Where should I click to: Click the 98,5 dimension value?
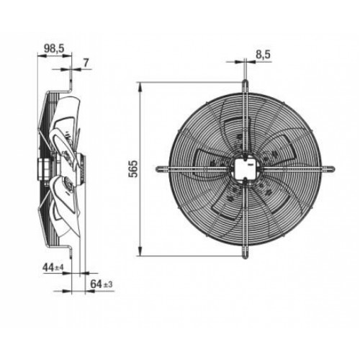point(54,48)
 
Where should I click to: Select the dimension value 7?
point(86,63)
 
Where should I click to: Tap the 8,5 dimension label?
point(263,55)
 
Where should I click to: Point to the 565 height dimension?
point(134,168)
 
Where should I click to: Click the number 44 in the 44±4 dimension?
point(48,268)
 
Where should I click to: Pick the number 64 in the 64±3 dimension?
point(96,284)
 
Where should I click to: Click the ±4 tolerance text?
point(59,269)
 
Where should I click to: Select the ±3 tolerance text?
point(108,285)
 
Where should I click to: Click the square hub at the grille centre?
point(245,168)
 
